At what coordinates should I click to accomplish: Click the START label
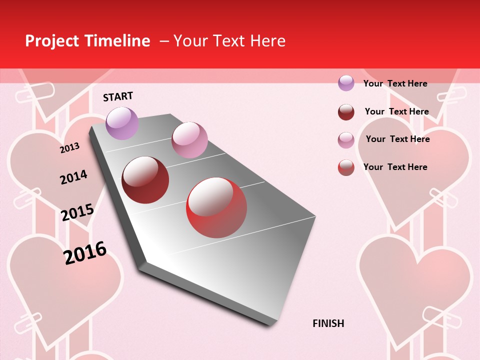coord(118,96)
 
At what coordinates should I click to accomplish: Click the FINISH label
coord(328,323)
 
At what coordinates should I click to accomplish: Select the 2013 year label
coord(70,148)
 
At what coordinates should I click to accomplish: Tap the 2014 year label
coord(73,177)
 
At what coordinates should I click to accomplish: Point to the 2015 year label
coord(77,212)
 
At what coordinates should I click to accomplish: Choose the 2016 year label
coord(85,252)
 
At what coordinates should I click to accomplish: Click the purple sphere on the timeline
coord(122,123)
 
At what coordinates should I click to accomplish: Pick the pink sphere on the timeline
coord(189,140)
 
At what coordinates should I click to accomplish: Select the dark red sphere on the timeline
coord(145,180)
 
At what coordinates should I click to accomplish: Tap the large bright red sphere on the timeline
coord(216,207)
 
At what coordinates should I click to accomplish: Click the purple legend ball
coord(346,83)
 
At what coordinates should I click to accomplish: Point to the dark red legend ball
coord(346,112)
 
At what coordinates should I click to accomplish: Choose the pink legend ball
coord(346,140)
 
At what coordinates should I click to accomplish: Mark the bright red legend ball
coord(346,167)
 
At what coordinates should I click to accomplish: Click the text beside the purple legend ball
coord(395,83)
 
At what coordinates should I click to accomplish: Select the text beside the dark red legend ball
coord(396,111)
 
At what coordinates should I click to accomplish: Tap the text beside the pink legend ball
coord(397,139)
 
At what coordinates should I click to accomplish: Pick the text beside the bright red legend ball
coord(395,167)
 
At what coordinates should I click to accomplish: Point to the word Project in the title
coord(52,41)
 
